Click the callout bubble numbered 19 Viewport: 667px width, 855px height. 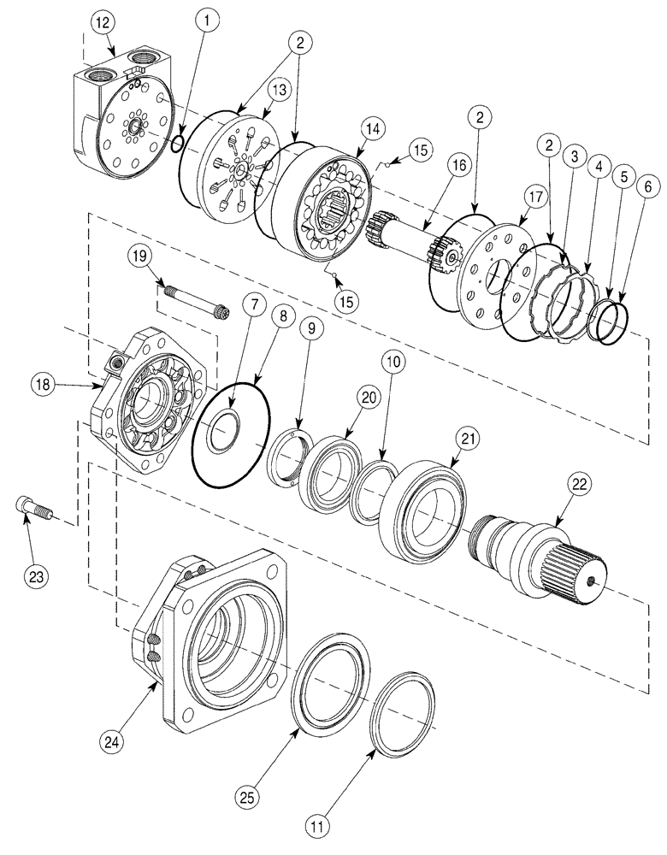(140, 255)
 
